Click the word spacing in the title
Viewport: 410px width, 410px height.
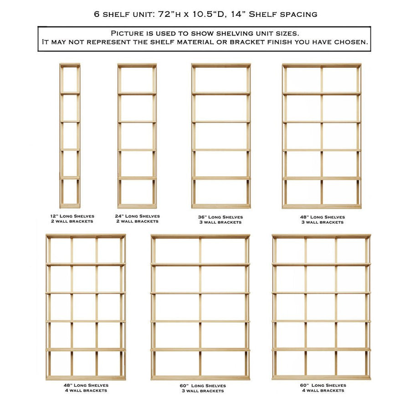[x=299, y=14]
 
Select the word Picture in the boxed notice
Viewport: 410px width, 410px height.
[x=128, y=34]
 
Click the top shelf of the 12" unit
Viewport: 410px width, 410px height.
[x=70, y=66]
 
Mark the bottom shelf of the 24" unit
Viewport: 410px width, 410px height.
[x=137, y=206]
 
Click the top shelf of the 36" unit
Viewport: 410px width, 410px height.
[x=221, y=66]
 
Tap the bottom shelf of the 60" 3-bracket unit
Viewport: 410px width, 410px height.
[x=200, y=378]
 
